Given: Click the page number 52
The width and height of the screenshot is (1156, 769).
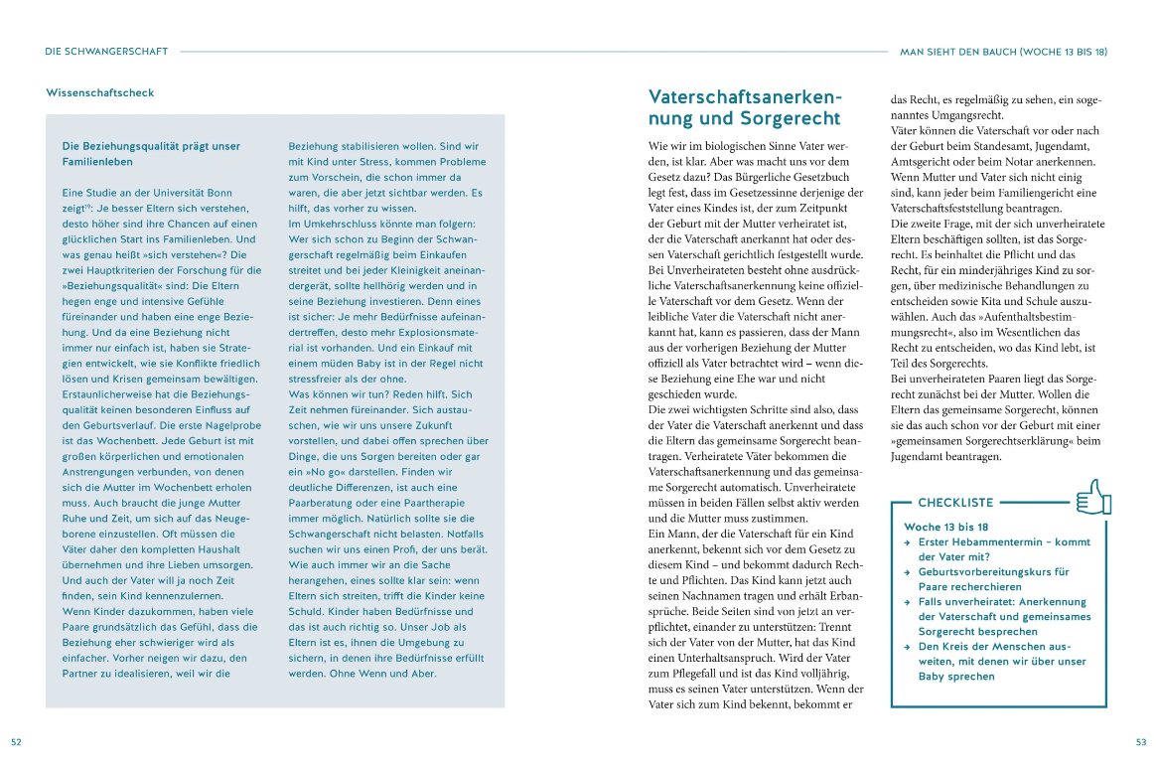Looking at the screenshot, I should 16,741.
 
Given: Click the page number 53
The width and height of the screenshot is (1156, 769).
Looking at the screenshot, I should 1140,741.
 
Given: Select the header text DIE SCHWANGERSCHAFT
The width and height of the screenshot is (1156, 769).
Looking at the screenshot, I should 106,51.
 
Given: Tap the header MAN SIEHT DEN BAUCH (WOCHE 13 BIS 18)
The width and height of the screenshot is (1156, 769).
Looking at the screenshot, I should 1002,51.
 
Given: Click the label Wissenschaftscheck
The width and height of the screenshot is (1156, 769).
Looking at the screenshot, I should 100,93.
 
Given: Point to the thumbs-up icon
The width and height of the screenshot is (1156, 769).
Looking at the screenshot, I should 1093,497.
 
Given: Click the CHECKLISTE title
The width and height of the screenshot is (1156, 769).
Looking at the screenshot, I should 955,503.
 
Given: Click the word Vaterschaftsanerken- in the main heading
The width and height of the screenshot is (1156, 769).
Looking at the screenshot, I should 745,97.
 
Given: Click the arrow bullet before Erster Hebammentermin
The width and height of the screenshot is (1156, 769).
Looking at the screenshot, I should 907,542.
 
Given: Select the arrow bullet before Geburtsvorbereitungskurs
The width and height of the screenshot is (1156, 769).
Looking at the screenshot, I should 907,572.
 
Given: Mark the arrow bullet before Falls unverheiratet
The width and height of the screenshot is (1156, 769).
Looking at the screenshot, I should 907,602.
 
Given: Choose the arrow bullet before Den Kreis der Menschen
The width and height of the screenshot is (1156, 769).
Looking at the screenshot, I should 907,647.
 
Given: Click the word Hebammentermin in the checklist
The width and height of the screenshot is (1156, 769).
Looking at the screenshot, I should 993,542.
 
